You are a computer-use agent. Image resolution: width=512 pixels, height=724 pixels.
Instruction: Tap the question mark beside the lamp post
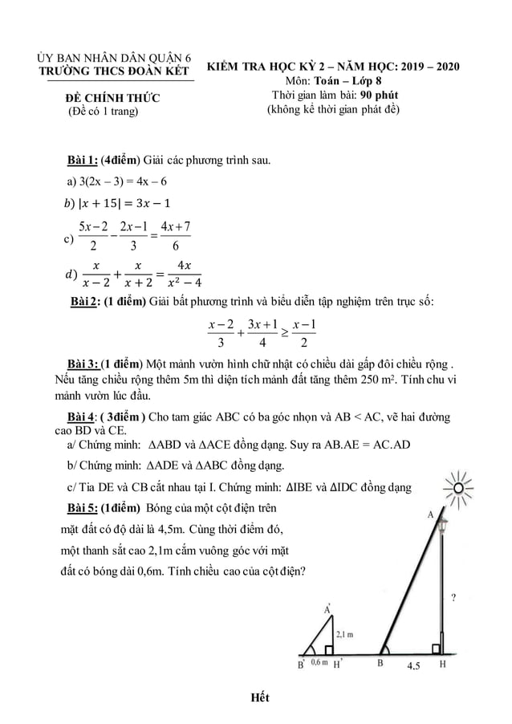(455, 598)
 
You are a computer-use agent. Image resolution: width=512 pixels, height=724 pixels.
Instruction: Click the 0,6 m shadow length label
(319, 664)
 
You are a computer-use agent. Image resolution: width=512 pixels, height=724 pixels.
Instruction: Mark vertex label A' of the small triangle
(327, 611)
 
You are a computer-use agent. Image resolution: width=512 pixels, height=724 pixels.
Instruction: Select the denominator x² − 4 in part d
(182, 282)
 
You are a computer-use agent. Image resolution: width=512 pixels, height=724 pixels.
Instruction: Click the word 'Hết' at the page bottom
(258, 697)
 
